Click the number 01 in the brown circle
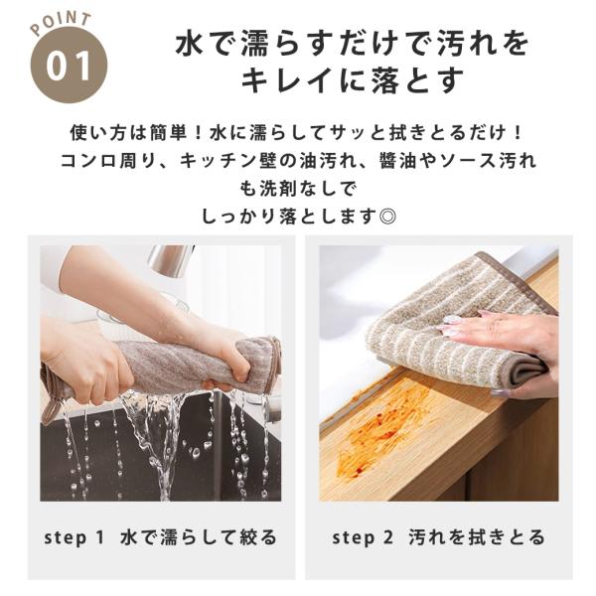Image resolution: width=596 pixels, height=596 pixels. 69,67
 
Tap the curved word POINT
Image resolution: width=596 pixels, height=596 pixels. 61,23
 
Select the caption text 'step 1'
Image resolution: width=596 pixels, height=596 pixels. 74,538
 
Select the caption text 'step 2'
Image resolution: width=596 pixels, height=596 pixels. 362,538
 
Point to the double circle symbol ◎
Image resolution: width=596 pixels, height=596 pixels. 387,217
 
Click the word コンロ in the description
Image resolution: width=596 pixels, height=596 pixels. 89,161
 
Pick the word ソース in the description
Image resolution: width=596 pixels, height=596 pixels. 467,161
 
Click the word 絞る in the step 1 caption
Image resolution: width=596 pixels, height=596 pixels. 258,538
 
